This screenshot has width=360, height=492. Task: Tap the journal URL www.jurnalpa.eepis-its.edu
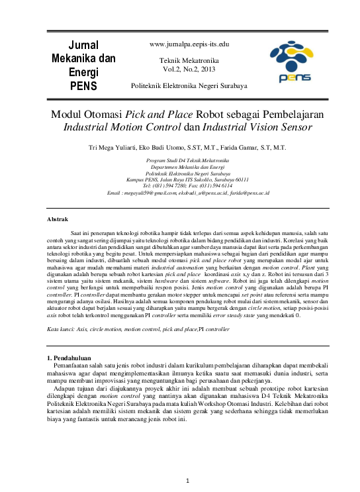pos(189,44)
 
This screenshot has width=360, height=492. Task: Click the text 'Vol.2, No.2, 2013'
pos(189,68)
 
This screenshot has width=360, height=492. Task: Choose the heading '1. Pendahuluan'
pos(65,358)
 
